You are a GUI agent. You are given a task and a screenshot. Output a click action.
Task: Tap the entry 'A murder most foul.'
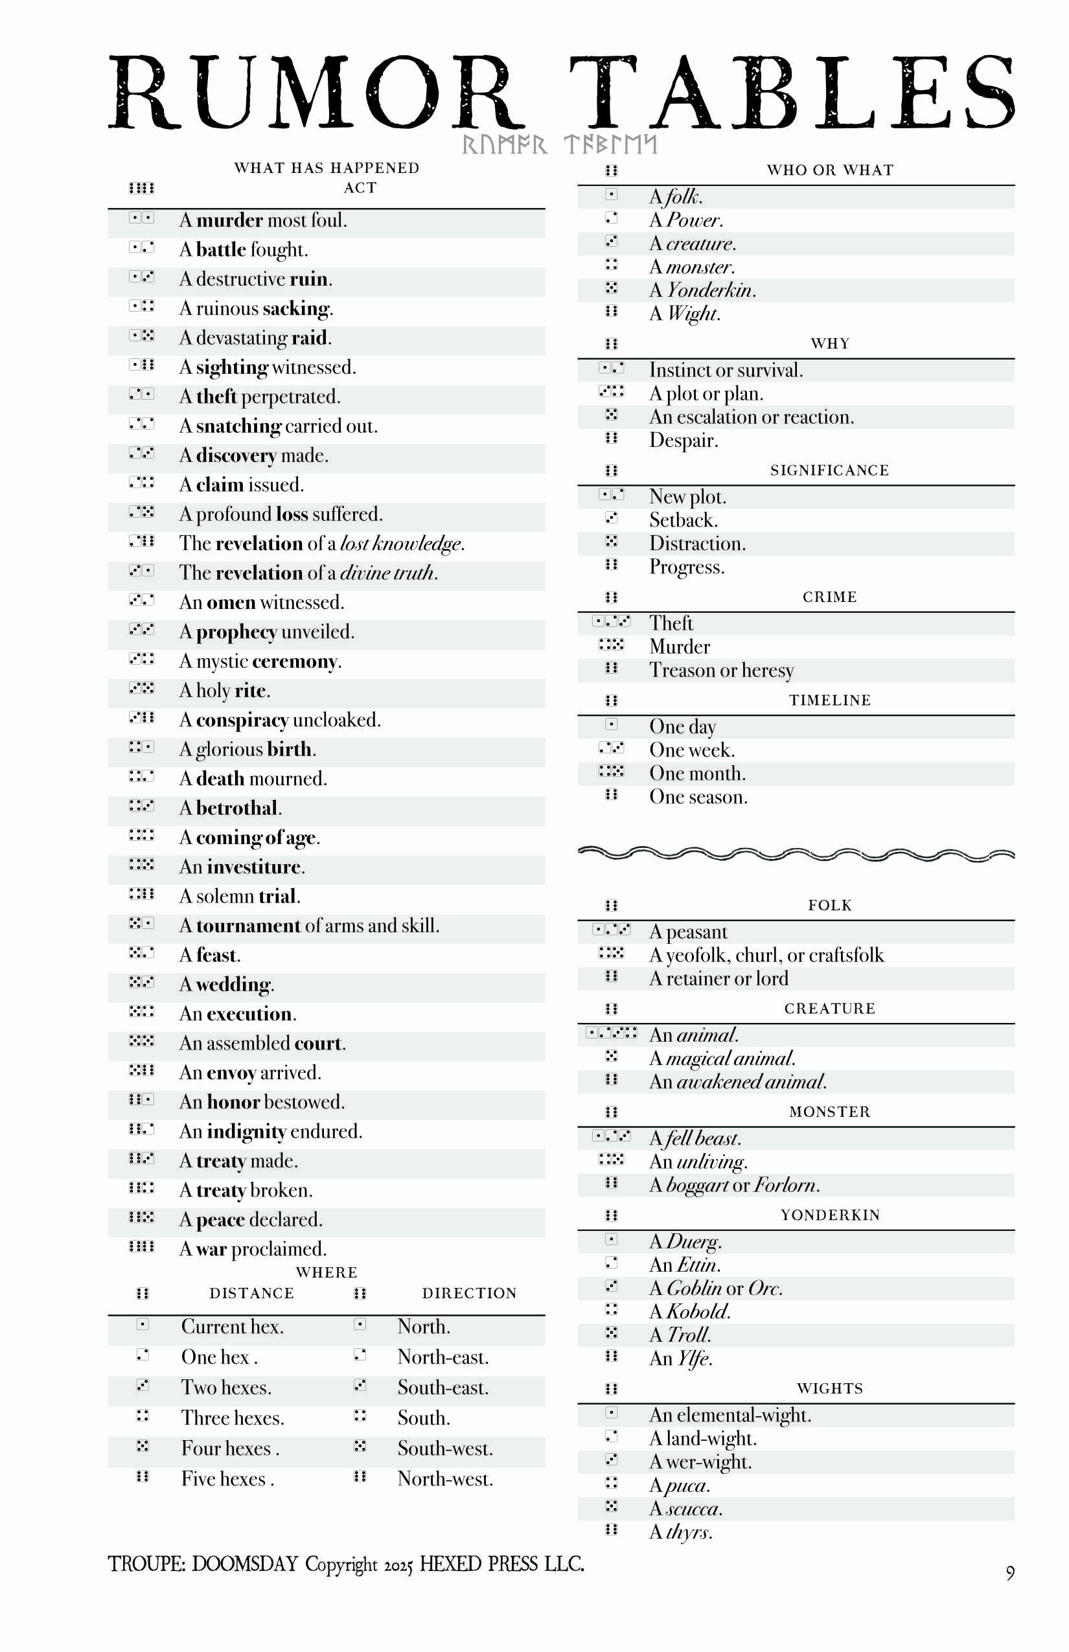(263, 220)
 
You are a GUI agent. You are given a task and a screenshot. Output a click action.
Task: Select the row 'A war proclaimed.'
(253, 1249)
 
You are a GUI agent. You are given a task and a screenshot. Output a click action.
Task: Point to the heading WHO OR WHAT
(829, 170)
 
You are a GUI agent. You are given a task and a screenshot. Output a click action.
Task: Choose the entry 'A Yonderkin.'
(702, 290)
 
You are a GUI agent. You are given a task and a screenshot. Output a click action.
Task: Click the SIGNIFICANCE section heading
(829, 470)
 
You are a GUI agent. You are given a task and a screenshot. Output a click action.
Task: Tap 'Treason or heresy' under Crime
(721, 670)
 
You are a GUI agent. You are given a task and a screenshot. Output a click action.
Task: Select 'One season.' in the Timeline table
(698, 797)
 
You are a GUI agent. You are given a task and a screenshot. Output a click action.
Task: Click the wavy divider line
(796, 853)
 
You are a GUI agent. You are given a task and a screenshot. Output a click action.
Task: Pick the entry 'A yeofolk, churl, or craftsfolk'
(766, 955)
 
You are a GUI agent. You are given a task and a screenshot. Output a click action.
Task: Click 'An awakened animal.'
(738, 1081)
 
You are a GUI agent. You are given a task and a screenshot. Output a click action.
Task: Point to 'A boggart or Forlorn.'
(735, 1185)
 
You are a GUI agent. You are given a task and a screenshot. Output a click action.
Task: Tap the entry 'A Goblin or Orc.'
(716, 1289)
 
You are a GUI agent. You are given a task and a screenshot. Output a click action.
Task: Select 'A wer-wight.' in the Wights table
(700, 1462)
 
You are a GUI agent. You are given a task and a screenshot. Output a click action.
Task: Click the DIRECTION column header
(469, 1293)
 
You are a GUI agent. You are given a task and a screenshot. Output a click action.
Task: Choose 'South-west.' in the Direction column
(445, 1449)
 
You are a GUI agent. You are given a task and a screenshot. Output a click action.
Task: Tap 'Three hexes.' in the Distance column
(233, 1418)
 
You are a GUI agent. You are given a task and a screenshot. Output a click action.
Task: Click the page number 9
(1010, 1573)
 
